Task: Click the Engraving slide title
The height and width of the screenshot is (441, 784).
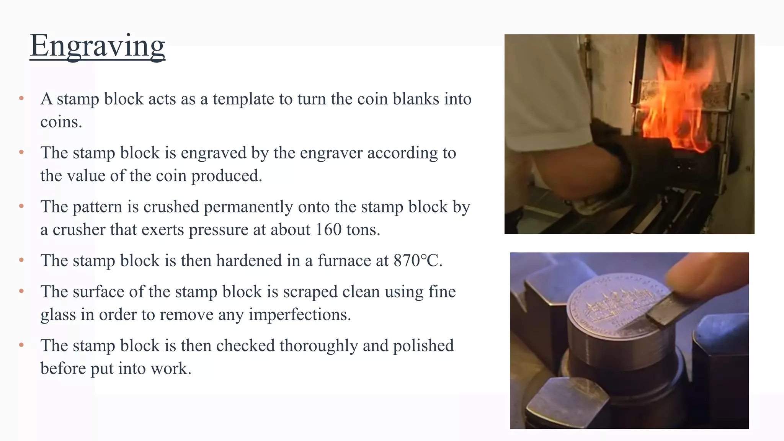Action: click(x=97, y=46)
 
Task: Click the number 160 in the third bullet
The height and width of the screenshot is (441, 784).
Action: click(x=328, y=230)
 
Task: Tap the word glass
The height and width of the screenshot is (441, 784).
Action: click(x=58, y=315)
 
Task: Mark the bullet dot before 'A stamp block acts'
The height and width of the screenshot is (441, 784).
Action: click(x=21, y=98)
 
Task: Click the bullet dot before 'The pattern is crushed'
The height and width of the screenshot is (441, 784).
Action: click(x=21, y=206)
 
